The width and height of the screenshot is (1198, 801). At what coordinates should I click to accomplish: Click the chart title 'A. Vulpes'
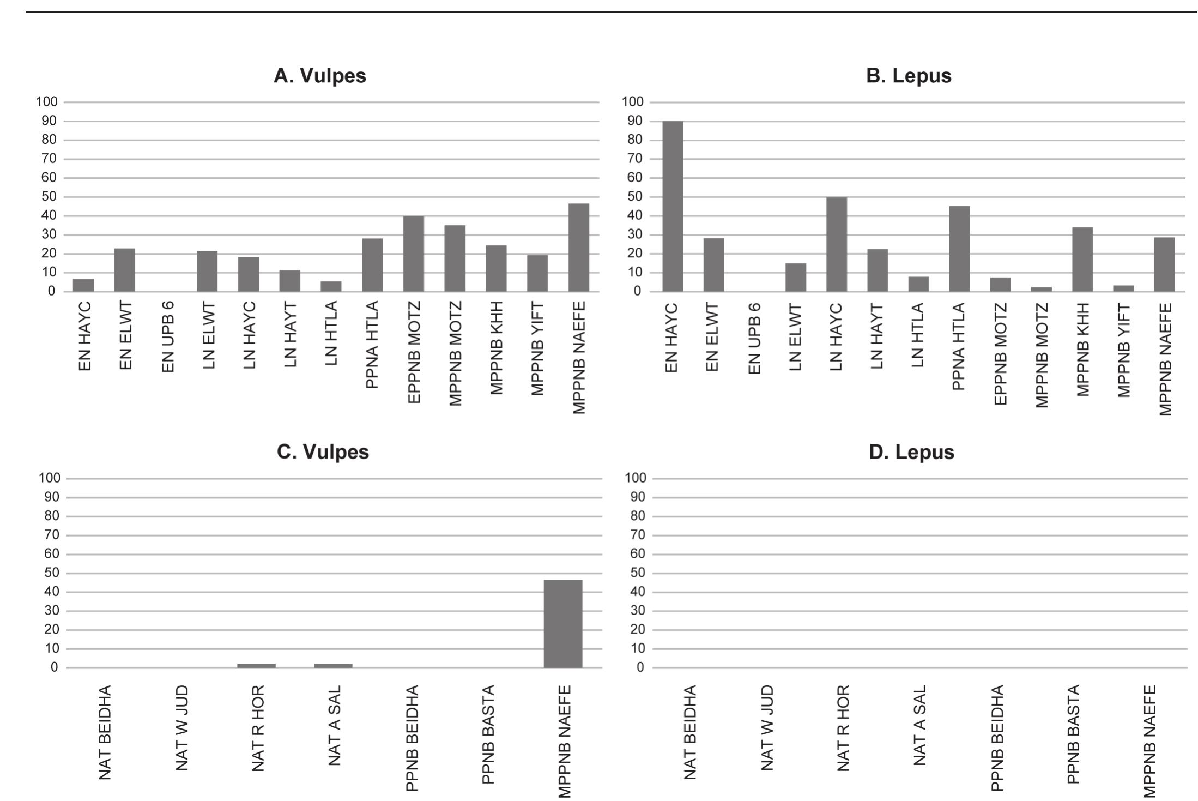pos(320,76)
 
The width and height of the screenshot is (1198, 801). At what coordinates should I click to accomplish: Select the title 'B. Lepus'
pos(909,76)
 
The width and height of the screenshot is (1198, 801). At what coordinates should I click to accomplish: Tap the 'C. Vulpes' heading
pos(323,452)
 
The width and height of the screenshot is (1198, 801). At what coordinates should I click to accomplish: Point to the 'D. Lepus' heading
pos(911,452)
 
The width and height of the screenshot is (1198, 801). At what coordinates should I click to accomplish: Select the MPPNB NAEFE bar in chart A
pos(578,248)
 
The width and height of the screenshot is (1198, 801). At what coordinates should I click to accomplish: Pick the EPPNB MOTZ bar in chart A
pos(414,254)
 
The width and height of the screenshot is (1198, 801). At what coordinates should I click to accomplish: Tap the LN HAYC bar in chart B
pos(837,244)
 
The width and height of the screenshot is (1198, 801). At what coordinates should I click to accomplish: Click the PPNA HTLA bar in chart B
pos(959,249)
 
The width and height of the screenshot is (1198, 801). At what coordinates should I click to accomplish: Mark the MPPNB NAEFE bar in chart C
pos(563,624)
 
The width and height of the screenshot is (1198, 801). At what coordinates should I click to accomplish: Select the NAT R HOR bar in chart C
pos(257,666)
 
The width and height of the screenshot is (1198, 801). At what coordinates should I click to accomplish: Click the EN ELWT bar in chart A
pos(125,270)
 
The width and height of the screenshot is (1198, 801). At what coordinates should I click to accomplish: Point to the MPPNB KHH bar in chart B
pos(1082,260)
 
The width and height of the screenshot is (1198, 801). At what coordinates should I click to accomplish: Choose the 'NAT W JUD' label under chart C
pos(182,728)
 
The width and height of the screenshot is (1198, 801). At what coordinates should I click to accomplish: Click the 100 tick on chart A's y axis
pos(46,102)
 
